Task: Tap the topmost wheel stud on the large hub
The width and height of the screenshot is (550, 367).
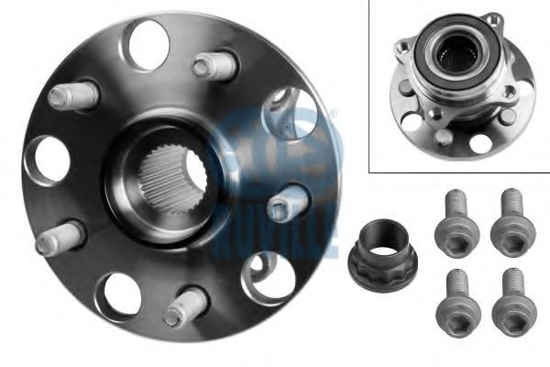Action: [x=214, y=66]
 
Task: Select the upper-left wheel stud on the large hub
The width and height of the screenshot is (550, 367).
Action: [x=73, y=95]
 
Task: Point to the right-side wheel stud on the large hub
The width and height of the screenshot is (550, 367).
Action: [x=288, y=204]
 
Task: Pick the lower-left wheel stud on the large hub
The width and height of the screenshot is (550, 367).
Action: [x=60, y=238]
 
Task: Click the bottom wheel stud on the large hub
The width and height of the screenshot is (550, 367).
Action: [x=185, y=307]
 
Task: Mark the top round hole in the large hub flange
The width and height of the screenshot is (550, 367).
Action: [x=148, y=45]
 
